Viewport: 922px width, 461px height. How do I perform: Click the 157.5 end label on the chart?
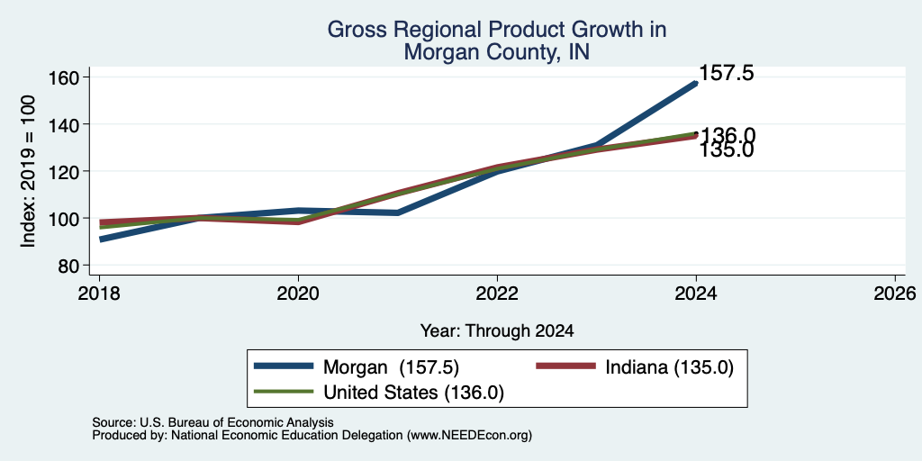727,74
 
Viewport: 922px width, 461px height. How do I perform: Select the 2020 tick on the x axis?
298,293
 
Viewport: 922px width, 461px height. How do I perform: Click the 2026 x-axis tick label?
895,293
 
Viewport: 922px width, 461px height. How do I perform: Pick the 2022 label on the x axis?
497,293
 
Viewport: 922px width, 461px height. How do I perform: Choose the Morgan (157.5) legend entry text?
391,367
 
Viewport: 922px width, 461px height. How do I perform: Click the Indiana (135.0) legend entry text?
670,367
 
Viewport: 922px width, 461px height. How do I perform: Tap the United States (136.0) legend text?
414,393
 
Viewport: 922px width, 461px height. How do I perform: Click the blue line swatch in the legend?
284,366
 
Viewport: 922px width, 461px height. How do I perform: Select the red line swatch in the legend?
565,366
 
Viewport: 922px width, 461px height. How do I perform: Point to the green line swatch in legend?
284,391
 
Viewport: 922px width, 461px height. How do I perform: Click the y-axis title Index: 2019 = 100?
28,171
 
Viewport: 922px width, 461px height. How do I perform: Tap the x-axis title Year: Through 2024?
497,331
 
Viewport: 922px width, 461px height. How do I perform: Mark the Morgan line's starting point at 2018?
101,240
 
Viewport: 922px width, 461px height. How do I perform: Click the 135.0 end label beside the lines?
727,150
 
